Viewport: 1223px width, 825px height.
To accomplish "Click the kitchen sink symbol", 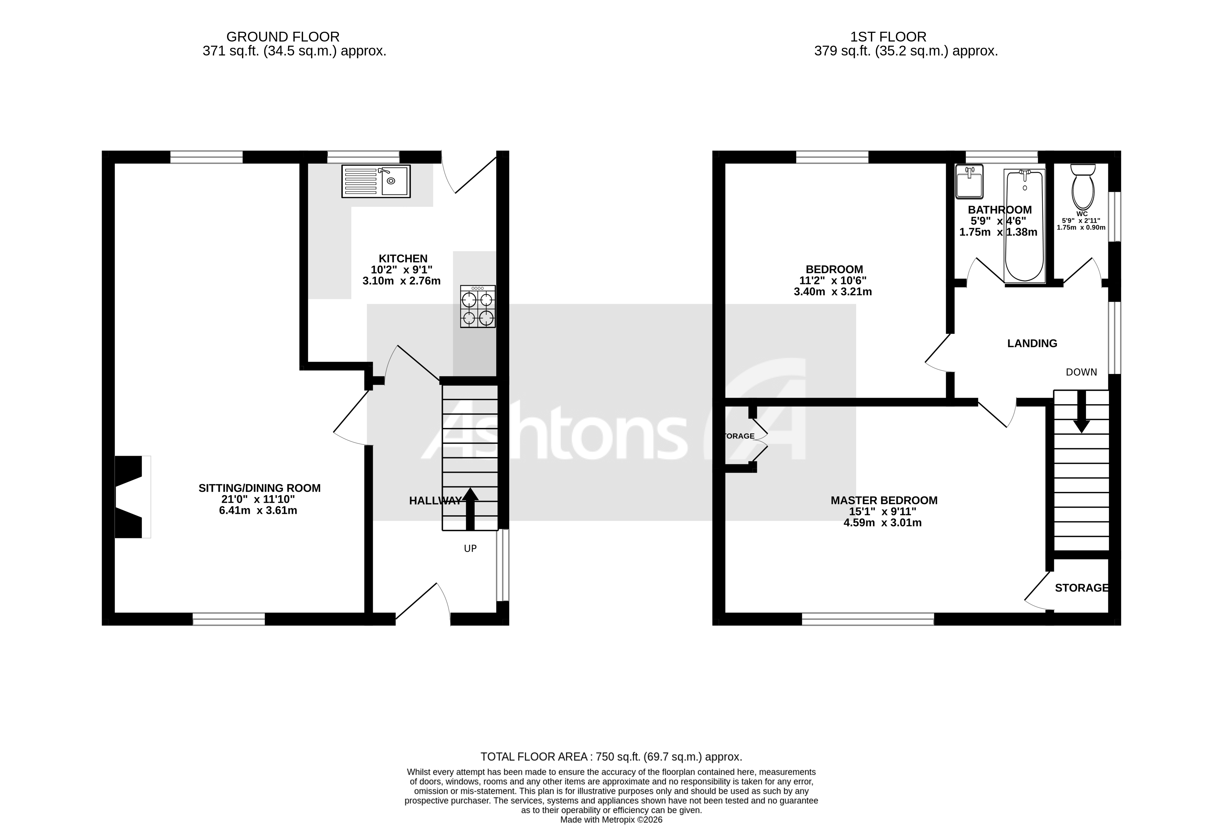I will coord(376,181).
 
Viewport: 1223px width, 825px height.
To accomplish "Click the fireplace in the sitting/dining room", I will coord(129,497).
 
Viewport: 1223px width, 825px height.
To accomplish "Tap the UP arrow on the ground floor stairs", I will coord(470,508).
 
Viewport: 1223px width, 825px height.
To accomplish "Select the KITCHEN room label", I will coord(403,258).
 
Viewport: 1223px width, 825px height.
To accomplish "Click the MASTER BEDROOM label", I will coord(884,500).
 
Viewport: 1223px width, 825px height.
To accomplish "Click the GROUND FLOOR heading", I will coord(282,37).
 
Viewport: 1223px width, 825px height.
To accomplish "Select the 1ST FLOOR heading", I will coord(888,37).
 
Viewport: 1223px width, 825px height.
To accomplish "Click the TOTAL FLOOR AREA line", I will coord(611,757).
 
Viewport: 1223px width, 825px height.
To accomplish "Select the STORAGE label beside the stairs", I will coord(1081,588).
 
